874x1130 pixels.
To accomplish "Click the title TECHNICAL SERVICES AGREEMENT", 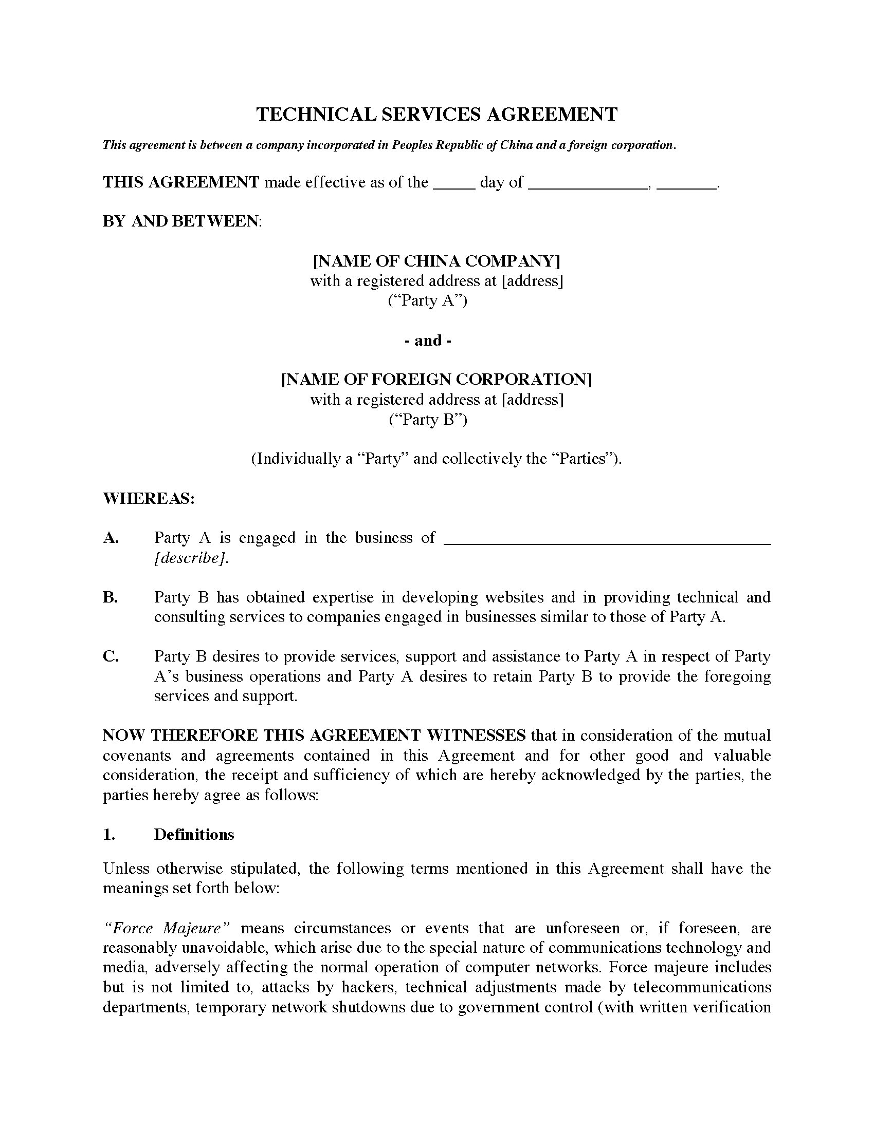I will point(436,115).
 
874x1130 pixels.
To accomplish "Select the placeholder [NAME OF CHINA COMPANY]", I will point(436,261).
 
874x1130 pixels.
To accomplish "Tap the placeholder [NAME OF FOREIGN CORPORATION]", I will point(436,379).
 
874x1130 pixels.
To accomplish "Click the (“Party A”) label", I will point(428,300).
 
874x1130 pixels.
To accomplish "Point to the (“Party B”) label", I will point(428,419).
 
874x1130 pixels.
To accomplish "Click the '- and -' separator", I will point(428,341).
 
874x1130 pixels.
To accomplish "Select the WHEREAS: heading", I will point(149,498).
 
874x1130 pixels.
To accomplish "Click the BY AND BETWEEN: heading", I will point(183,221).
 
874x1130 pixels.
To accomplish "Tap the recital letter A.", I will point(111,538).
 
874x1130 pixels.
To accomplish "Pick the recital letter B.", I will point(111,597).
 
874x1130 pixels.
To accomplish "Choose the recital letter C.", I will point(111,656).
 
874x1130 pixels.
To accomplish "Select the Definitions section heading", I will point(194,834).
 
